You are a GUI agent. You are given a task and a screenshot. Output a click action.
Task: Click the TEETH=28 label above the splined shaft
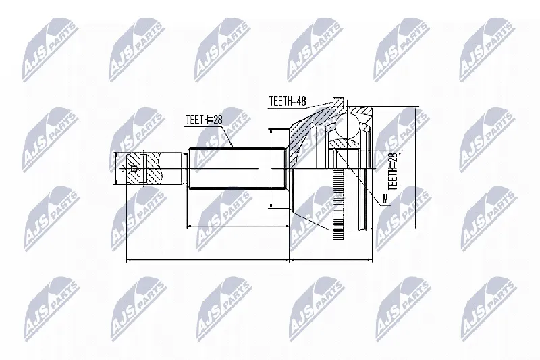tap(204, 120)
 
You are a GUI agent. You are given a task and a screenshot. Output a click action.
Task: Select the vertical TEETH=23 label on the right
tap(393, 170)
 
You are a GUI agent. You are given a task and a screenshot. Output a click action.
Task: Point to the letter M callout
tap(385, 199)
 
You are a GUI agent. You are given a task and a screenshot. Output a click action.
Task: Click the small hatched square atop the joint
tap(338, 102)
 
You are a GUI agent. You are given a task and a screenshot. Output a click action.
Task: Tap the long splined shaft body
tap(238, 168)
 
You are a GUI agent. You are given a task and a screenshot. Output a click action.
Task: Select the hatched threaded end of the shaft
tap(143, 169)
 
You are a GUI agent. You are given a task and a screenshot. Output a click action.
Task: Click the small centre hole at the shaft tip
tap(134, 169)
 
